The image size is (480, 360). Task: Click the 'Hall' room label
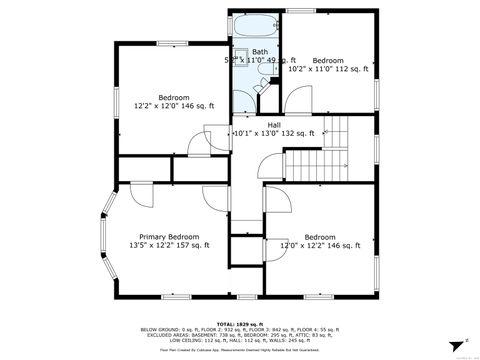[273, 125]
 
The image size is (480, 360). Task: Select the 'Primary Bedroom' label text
[169, 237]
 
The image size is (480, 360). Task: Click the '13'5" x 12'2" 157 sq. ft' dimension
[169, 246]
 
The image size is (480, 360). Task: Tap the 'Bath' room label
[260, 52]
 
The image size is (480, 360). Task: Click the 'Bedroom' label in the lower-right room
[319, 237]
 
